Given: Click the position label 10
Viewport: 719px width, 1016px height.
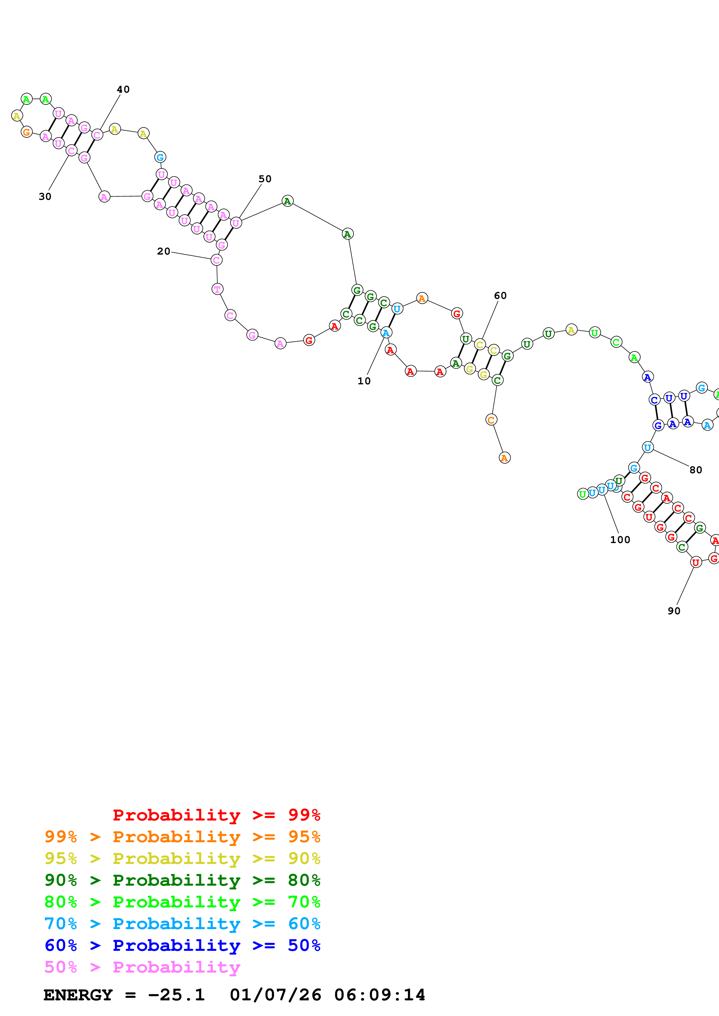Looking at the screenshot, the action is coord(364,381).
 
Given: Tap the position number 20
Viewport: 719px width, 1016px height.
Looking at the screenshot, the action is coord(164,251).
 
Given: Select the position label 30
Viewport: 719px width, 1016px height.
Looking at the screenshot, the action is coord(45,196).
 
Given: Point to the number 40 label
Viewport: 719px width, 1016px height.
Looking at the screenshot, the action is coord(123,89).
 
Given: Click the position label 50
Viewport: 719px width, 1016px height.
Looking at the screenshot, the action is coord(265,179).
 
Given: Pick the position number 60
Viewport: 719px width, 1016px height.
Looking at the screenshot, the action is coord(500,296).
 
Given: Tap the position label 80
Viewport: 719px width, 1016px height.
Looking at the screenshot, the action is coord(696,470).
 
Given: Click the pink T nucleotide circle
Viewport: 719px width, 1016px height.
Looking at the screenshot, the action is coord(217,289).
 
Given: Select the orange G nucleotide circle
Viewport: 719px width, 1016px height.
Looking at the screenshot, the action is coord(27,132).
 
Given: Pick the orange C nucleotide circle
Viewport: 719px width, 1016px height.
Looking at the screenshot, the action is coord(491,419).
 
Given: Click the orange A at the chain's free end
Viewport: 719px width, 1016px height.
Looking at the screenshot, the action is coord(505,458).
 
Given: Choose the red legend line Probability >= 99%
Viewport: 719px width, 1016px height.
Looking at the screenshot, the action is coord(216,815).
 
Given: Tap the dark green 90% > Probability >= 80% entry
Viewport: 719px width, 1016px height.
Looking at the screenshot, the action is coord(182,880).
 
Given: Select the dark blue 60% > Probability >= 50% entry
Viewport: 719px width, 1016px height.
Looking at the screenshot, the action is coord(182,945).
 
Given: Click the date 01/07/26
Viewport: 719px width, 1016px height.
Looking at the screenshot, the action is coord(276,995).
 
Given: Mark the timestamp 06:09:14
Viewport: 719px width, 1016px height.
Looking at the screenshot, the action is coord(380,995).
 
